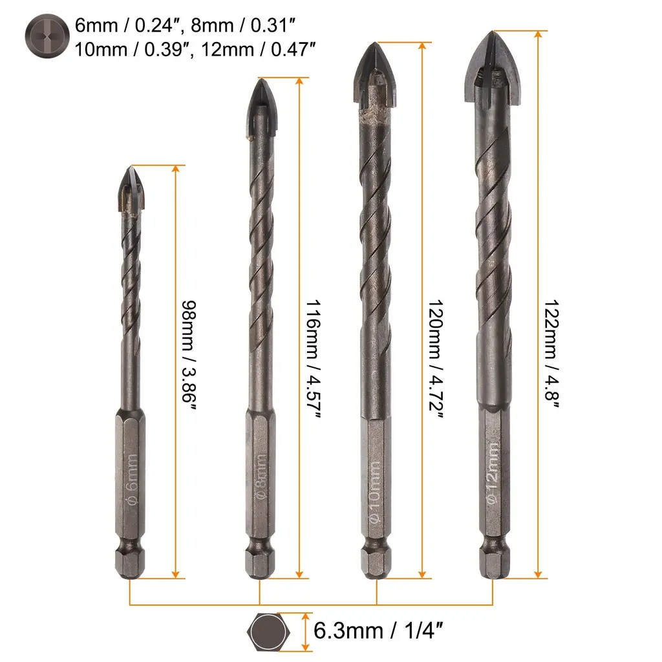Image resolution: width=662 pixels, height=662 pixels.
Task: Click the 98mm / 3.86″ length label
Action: point(189,355)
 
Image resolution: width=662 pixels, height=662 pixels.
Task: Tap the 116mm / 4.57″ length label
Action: point(314,359)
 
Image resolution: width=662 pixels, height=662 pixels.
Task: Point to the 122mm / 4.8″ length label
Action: point(551,354)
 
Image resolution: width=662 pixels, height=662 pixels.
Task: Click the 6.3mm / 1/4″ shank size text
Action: point(378,631)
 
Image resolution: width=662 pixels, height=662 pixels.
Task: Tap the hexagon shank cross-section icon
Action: point(268,632)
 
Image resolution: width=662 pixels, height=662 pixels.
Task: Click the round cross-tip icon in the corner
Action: point(47,36)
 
